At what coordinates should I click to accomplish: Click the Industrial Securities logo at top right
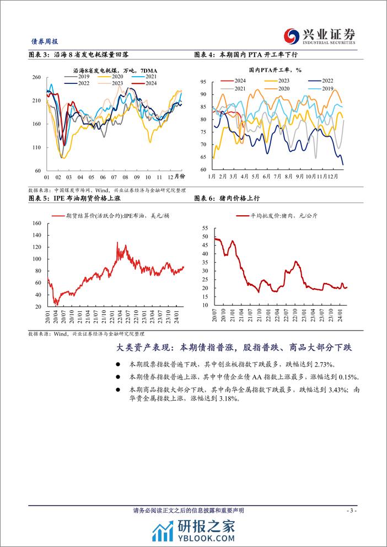click(319, 36)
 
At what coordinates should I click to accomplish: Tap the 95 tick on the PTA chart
click(202, 82)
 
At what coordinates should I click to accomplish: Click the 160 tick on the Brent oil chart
click(37, 223)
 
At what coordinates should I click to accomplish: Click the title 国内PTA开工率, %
click(275, 70)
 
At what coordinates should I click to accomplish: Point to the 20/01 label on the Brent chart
click(48, 316)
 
